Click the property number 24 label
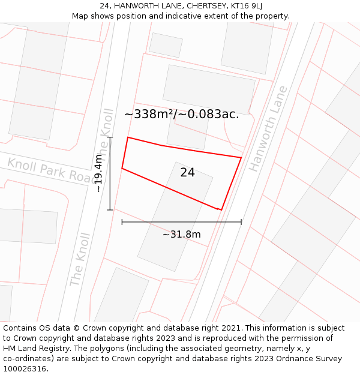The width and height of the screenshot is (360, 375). tap(187, 173)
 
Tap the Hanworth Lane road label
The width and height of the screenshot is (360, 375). tap(268, 129)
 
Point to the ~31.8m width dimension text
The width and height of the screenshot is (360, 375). tap(181, 234)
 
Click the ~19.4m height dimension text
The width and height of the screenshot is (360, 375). tap(98, 173)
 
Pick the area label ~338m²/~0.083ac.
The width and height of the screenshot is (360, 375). tap(181, 114)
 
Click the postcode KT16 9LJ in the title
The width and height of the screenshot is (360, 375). tap(245, 6)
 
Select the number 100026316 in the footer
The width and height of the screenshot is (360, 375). tap(25, 369)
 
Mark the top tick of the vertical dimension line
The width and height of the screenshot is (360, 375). tap(110, 137)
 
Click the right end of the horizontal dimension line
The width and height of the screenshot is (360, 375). tap(241, 222)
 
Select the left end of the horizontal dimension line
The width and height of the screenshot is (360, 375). tap(122, 222)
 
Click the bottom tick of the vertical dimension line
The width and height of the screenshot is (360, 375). tap(110, 210)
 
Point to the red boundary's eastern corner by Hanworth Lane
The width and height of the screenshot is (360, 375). tap(241, 158)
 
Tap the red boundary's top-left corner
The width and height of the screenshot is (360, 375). tap(128, 137)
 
